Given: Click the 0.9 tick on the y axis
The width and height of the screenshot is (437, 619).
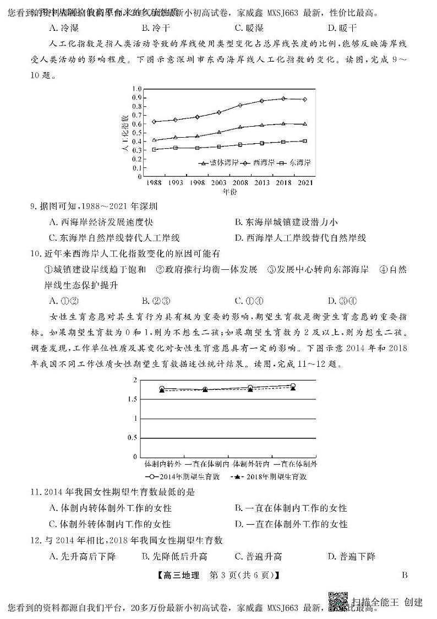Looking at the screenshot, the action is (138, 97).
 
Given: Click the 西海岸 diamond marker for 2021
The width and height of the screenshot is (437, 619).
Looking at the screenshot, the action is (305, 100).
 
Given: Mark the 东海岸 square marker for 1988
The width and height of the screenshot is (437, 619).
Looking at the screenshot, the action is (155, 149).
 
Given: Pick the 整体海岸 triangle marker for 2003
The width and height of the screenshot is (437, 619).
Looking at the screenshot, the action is (219, 132).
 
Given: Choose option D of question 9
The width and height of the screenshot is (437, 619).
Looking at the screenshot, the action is (300, 238).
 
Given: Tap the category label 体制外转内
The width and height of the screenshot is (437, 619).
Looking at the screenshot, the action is (250, 464).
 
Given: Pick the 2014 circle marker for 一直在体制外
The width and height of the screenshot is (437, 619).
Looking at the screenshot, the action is (293, 386).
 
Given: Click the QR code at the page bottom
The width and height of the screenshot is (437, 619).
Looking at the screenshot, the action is (338, 602).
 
